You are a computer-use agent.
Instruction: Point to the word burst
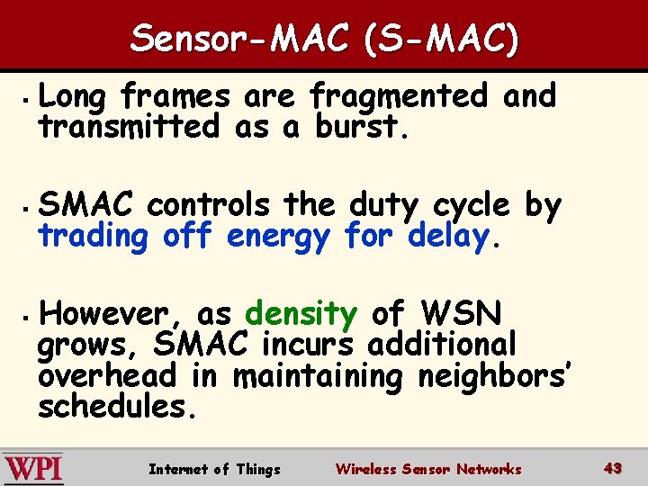[360, 127]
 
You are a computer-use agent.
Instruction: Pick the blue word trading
[93, 237]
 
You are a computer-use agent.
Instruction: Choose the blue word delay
[447, 238]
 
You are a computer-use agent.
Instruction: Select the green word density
[301, 313]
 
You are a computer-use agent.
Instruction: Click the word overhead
[107, 375]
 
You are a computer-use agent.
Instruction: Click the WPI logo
[33, 469]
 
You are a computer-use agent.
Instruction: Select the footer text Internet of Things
[214, 469]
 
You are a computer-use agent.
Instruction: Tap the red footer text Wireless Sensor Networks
[427, 469]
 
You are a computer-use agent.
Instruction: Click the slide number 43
[613, 468]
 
